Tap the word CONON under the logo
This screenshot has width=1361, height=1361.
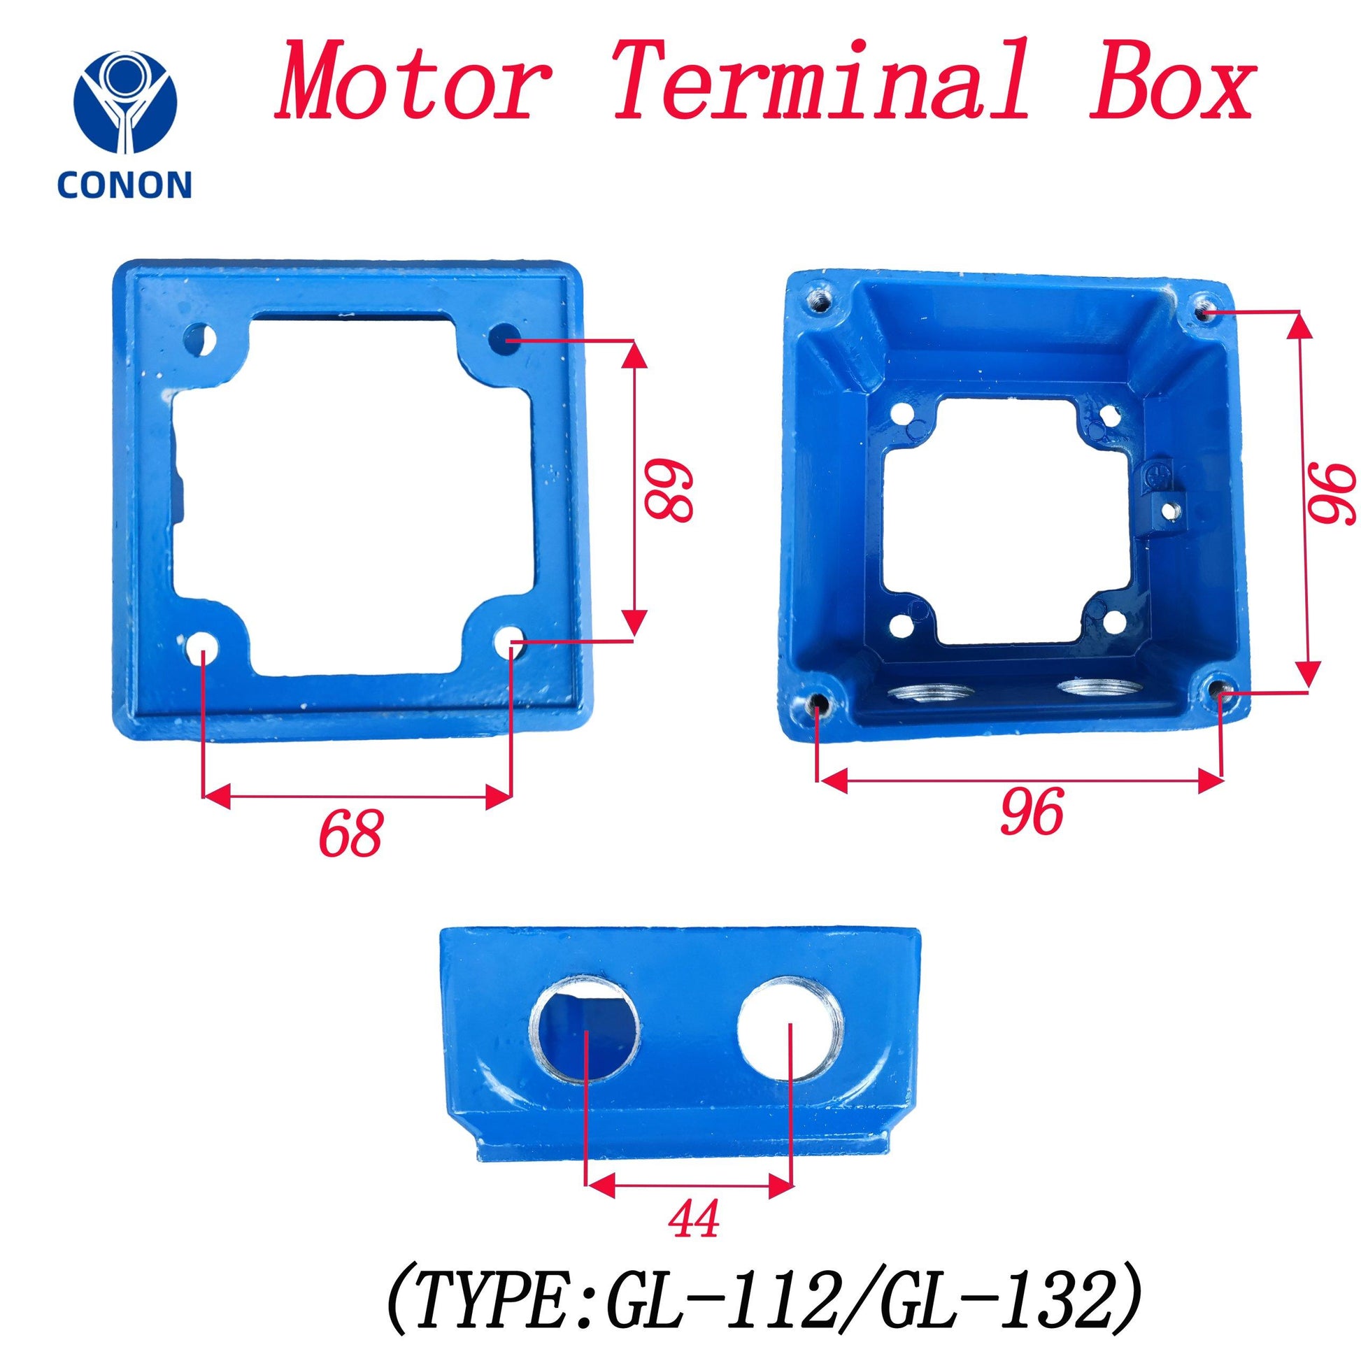click(x=124, y=185)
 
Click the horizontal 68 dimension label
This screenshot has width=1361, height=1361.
click(x=350, y=832)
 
